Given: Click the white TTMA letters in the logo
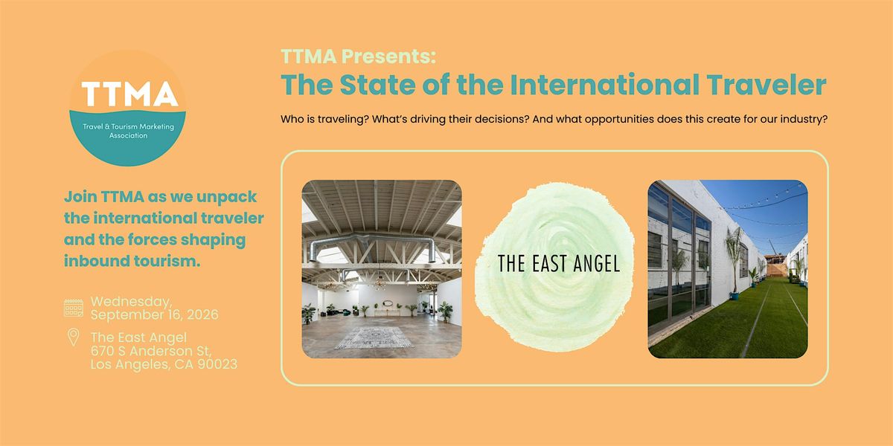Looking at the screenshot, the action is (x=129, y=94).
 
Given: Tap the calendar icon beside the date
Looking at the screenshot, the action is (x=74, y=308).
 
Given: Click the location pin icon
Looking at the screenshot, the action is (x=73, y=337).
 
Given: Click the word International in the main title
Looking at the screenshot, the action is (x=604, y=85).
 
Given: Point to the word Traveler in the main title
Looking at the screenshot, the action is (x=766, y=85).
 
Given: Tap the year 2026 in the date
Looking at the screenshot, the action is (x=202, y=314).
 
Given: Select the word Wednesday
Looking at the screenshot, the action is (x=131, y=303).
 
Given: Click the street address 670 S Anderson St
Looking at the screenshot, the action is (x=150, y=351).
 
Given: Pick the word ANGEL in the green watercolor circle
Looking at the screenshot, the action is (x=596, y=264).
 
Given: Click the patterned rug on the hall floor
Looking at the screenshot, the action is (x=374, y=337).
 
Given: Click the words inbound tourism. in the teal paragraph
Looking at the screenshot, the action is (x=132, y=261).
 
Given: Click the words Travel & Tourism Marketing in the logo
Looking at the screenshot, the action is (x=128, y=126).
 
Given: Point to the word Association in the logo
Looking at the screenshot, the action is (x=128, y=135).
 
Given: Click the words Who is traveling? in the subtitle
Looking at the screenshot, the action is (x=324, y=119).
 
